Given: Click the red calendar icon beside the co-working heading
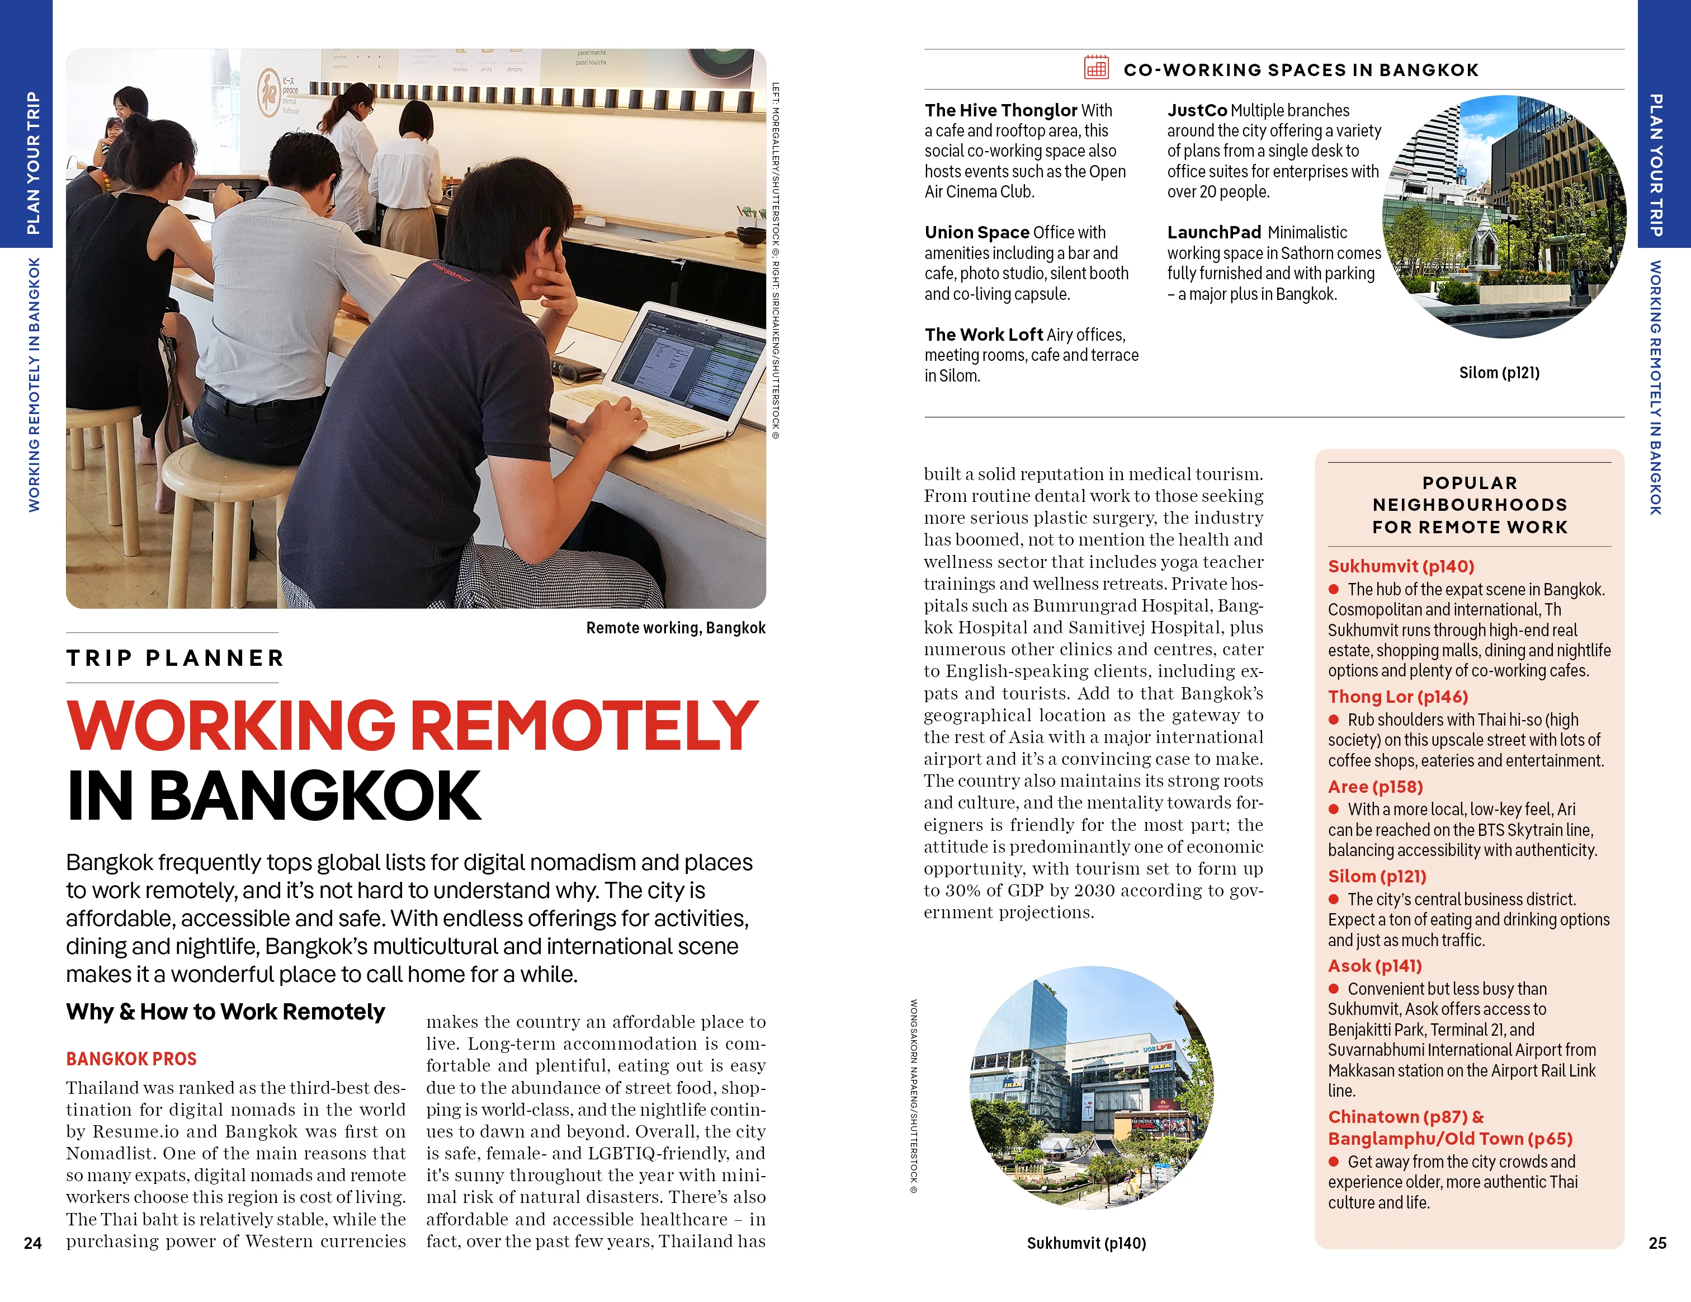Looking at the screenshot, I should click(x=1095, y=68).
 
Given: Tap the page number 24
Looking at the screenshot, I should click(x=32, y=1243).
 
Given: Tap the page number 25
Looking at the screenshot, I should click(x=1657, y=1243).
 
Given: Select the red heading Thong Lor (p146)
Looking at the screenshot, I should click(x=1397, y=697).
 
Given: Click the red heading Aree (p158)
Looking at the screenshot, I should click(x=1375, y=787).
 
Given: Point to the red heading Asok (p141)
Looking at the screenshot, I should click(x=1374, y=966).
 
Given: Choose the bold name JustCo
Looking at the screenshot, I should click(x=1197, y=111).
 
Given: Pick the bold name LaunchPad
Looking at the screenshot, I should click(x=1214, y=232).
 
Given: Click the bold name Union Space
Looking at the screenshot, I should click(x=976, y=232).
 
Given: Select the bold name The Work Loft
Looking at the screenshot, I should click(x=983, y=335).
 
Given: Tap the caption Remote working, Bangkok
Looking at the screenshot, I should click(x=675, y=628).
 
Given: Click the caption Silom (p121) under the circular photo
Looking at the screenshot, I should click(x=1499, y=373).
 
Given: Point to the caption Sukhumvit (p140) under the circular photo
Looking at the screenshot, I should click(x=1087, y=1243).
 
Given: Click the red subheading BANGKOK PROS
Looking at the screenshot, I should click(x=131, y=1059).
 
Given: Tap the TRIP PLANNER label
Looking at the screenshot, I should click(x=175, y=659).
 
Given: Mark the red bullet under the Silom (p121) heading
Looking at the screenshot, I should click(x=1333, y=899).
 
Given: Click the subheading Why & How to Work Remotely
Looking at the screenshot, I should click(x=225, y=1012).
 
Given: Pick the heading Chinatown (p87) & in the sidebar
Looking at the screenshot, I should click(x=1405, y=1117).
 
